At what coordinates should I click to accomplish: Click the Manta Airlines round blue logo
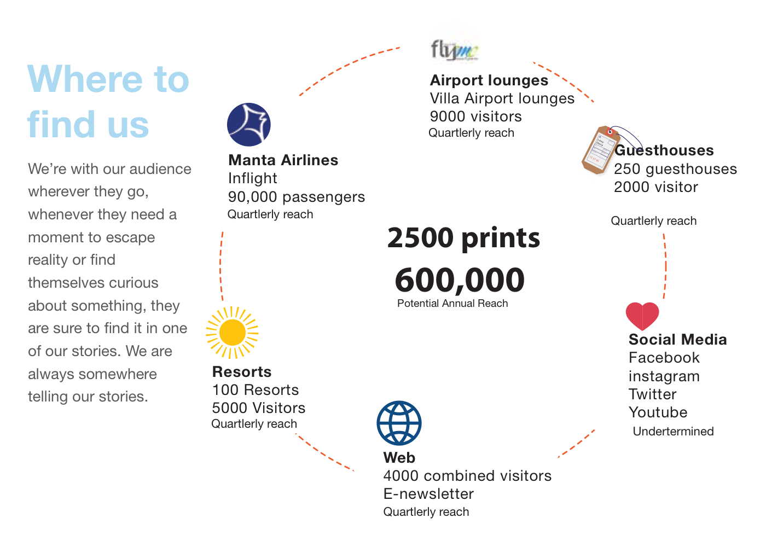pyautogui.click(x=249, y=125)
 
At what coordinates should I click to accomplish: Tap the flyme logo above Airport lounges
pyautogui.click(x=454, y=50)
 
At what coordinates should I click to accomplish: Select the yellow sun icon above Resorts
pyautogui.click(x=232, y=333)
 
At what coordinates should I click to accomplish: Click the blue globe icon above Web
pyautogui.click(x=399, y=423)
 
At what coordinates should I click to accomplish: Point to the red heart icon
pyautogui.click(x=642, y=316)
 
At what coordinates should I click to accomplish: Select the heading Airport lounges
pyautogui.click(x=489, y=80)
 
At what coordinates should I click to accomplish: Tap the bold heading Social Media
pyautogui.click(x=677, y=340)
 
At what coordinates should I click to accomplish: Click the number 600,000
pyautogui.click(x=460, y=280)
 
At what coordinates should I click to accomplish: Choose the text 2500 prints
pyautogui.click(x=463, y=238)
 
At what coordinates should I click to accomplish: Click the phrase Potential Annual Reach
pyautogui.click(x=452, y=304)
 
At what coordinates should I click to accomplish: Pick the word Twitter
pyautogui.click(x=652, y=394)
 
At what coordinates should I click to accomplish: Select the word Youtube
pyautogui.click(x=658, y=412)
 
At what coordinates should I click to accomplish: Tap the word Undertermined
pyautogui.click(x=673, y=432)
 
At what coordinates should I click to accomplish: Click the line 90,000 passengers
pyautogui.click(x=297, y=197)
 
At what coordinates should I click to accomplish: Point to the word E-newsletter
pyautogui.click(x=428, y=494)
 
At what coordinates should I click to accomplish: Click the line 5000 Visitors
pyautogui.click(x=259, y=408)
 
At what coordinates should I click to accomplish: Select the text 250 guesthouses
pyautogui.click(x=675, y=169)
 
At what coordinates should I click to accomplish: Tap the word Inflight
pyautogui.click(x=253, y=178)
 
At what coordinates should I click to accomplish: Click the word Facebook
pyautogui.click(x=664, y=358)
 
